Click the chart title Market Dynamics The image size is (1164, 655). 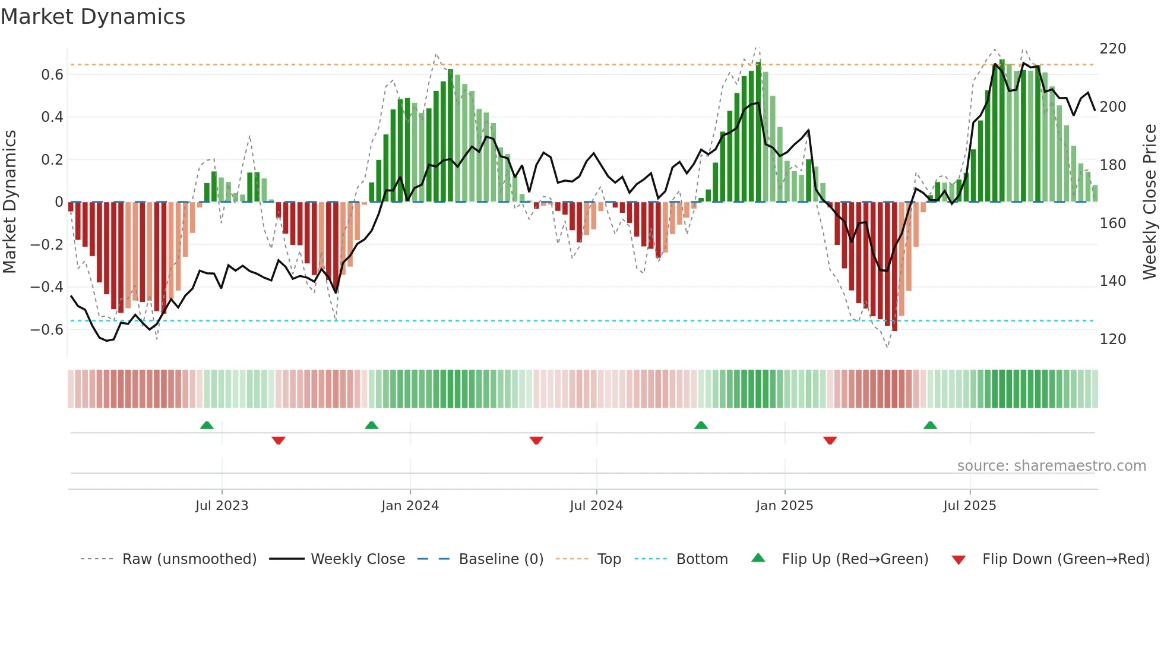(x=93, y=17)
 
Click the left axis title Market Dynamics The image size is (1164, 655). (x=10, y=201)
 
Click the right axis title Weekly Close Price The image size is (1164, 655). (x=1150, y=201)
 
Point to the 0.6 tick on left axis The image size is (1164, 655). (x=52, y=75)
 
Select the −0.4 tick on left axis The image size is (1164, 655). (x=47, y=287)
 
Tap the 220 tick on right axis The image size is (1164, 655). (x=1112, y=49)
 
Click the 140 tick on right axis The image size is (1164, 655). (x=1112, y=281)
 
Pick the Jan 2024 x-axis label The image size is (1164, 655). (x=410, y=506)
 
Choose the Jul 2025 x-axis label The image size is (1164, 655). (x=969, y=506)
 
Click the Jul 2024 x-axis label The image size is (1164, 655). (x=596, y=506)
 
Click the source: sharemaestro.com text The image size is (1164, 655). (x=1051, y=466)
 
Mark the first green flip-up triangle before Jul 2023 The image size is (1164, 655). (x=207, y=426)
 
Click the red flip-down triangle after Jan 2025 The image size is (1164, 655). (x=830, y=440)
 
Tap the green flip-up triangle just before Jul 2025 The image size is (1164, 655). (x=930, y=426)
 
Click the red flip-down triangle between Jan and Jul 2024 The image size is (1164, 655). (x=536, y=440)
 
